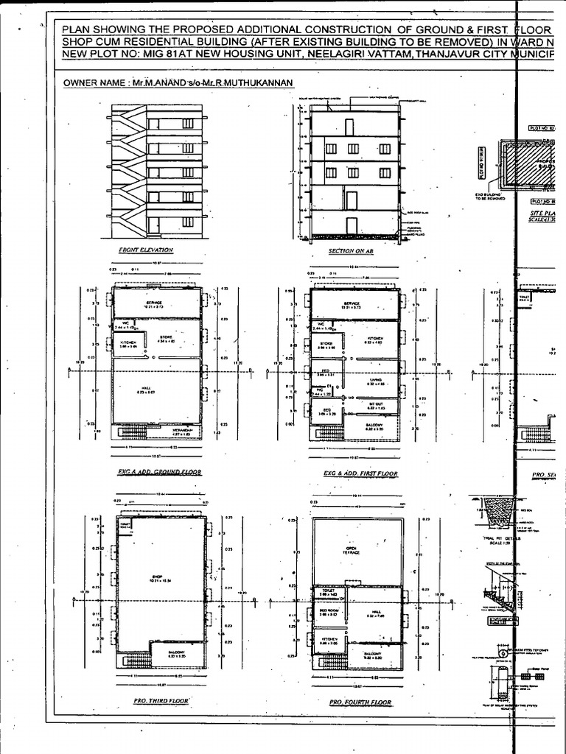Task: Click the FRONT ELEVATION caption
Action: (x=146, y=250)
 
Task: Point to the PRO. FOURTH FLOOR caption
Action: (x=360, y=702)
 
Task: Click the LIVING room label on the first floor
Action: (x=377, y=380)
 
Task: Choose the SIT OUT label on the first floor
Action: (x=376, y=404)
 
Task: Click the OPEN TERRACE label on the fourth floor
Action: (x=352, y=550)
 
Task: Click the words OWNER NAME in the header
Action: (x=93, y=84)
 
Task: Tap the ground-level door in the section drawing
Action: (x=351, y=225)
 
